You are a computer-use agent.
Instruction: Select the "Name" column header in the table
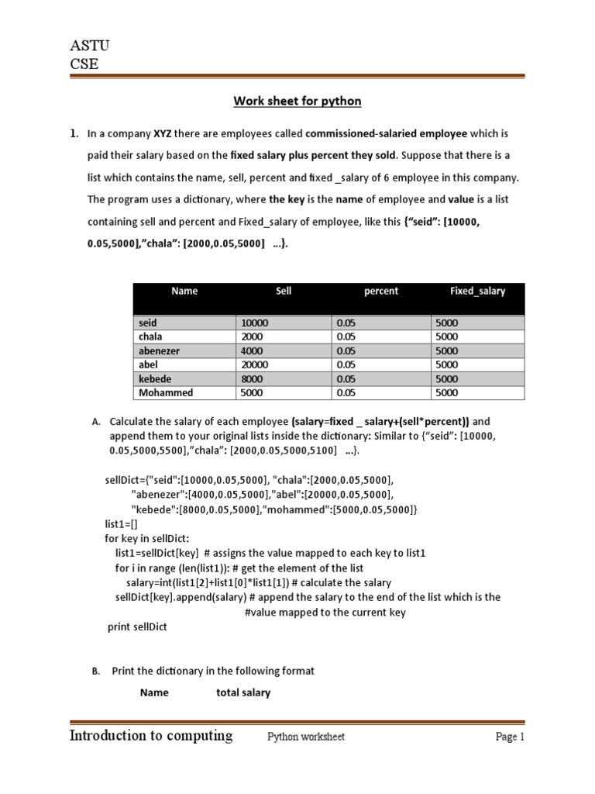click(x=184, y=291)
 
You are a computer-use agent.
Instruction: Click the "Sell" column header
click(x=284, y=291)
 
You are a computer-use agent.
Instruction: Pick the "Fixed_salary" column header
click(x=477, y=291)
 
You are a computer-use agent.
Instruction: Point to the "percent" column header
click(x=380, y=291)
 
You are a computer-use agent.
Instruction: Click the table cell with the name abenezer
click(x=159, y=350)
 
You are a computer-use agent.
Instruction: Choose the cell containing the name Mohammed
click(x=166, y=392)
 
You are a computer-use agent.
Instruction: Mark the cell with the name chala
click(x=151, y=337)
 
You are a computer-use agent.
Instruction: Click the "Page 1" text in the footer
click(x=510, y=737)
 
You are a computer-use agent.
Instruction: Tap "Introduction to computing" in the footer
click(x=151, y=736)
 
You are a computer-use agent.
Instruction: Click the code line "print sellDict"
click(x=136, y=627)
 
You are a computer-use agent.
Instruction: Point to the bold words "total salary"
click(x=243, y=692)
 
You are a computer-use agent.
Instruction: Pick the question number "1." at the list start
click(x=75, y=133)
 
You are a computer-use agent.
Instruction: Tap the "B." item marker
click(x=96, y=671)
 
